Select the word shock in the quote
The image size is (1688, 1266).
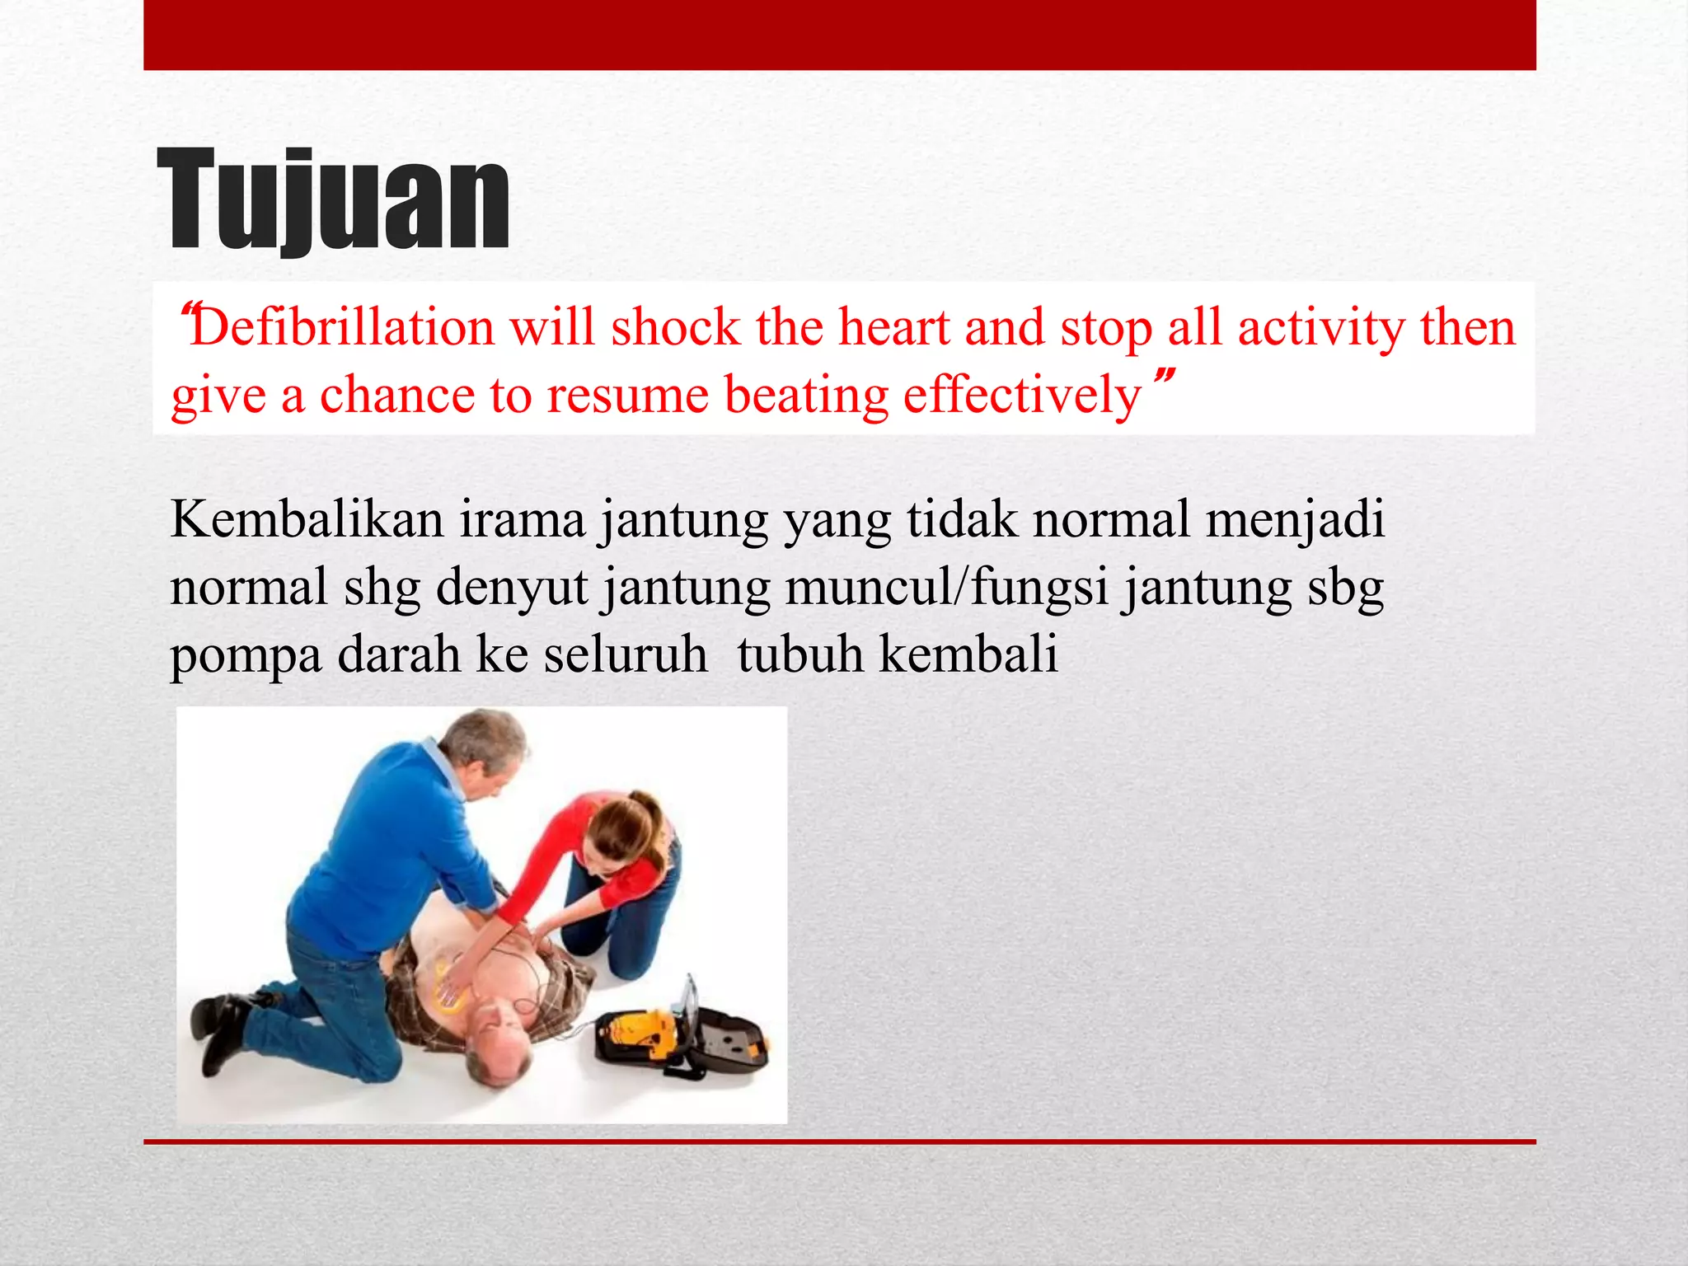[x=676, y=328]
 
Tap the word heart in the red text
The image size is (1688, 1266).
[x=894, y=328]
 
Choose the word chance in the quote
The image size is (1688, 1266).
[x=396, y=395]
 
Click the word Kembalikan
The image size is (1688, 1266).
[x=307, y=520]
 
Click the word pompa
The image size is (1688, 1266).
[x=246, y=657]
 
